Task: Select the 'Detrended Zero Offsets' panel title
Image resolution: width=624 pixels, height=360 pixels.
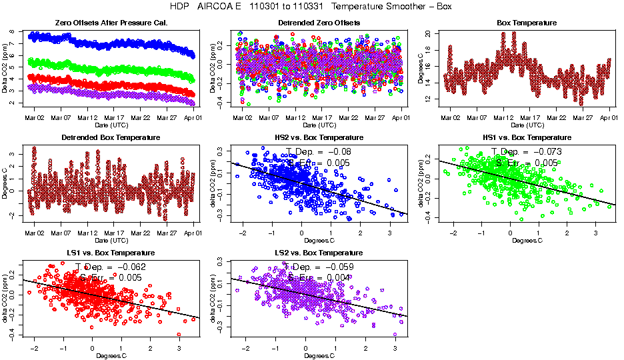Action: click(319, 23)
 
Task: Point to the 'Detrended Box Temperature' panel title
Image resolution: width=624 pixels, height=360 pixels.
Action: click(110, 138)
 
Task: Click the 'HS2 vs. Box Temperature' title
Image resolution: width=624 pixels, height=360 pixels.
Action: click(319, 138)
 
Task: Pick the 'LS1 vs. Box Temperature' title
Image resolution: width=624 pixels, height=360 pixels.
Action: click(110, 253)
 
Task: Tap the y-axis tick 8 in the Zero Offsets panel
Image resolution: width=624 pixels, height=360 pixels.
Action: click(20, 31)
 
